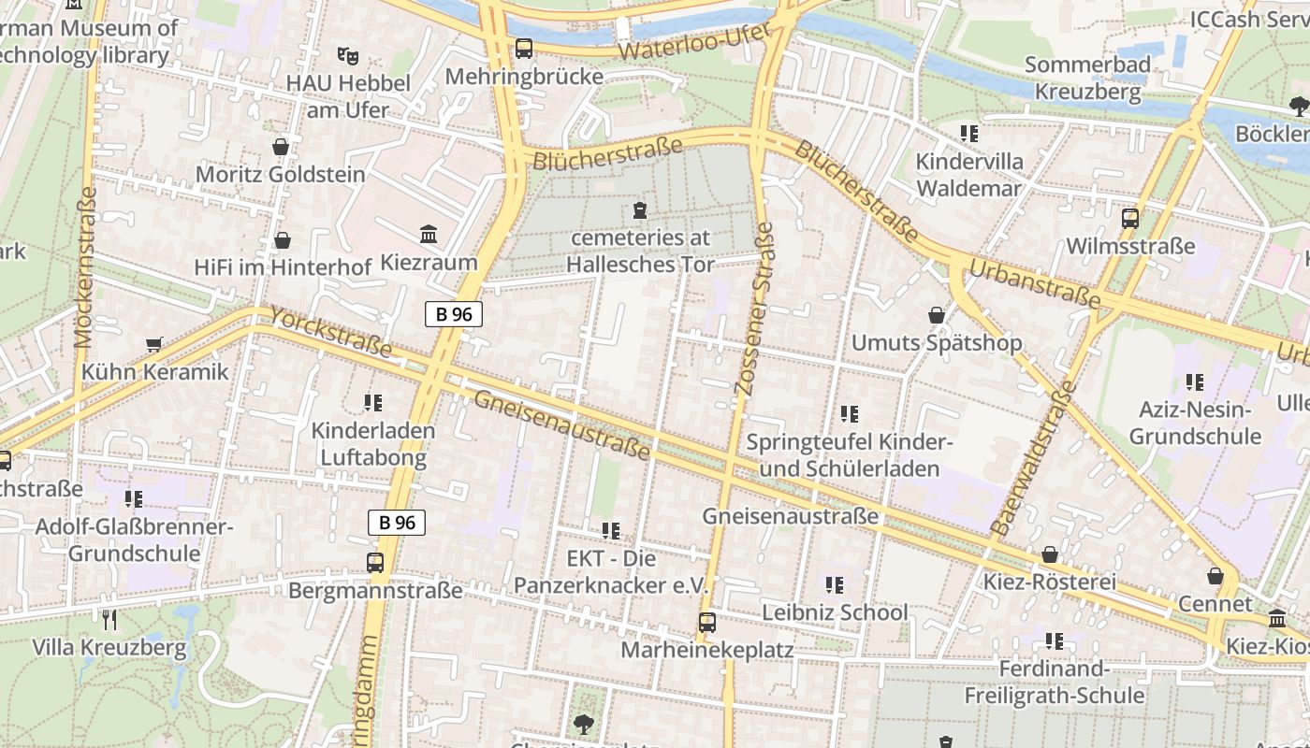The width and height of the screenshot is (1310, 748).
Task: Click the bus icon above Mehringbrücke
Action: click(524, 48)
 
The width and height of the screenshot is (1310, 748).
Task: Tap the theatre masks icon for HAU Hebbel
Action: click(348, 55)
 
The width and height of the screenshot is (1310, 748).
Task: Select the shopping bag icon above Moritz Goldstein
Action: click(280, 147)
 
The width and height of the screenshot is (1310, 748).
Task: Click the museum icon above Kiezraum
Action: click(429, 234)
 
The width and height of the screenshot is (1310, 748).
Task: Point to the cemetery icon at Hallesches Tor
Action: click(640, 209)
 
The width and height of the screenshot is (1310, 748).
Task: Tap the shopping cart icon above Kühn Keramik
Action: click(154, 344)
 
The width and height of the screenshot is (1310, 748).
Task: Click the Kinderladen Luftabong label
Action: click(373, 444)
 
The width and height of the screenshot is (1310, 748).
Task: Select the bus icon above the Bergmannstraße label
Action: click(375, 562)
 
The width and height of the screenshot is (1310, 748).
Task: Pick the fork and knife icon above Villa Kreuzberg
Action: click(109, 619)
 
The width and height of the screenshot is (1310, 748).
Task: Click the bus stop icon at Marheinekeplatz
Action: click(707, 622)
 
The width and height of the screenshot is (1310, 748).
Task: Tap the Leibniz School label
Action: click(835, 612)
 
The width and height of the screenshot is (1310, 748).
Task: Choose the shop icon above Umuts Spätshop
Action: click(936, 315)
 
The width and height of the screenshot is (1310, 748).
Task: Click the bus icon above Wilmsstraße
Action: click(1130, 219)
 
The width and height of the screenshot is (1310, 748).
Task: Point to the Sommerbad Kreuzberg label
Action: click(1087, 79)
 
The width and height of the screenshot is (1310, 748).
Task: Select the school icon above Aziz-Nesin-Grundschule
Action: click(1194, 381)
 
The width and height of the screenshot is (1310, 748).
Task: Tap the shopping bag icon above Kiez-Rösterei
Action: click(1050, 554)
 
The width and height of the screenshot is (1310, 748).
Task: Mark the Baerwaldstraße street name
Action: click(1034, 458)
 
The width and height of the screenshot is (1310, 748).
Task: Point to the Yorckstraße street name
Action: click(330, 332)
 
